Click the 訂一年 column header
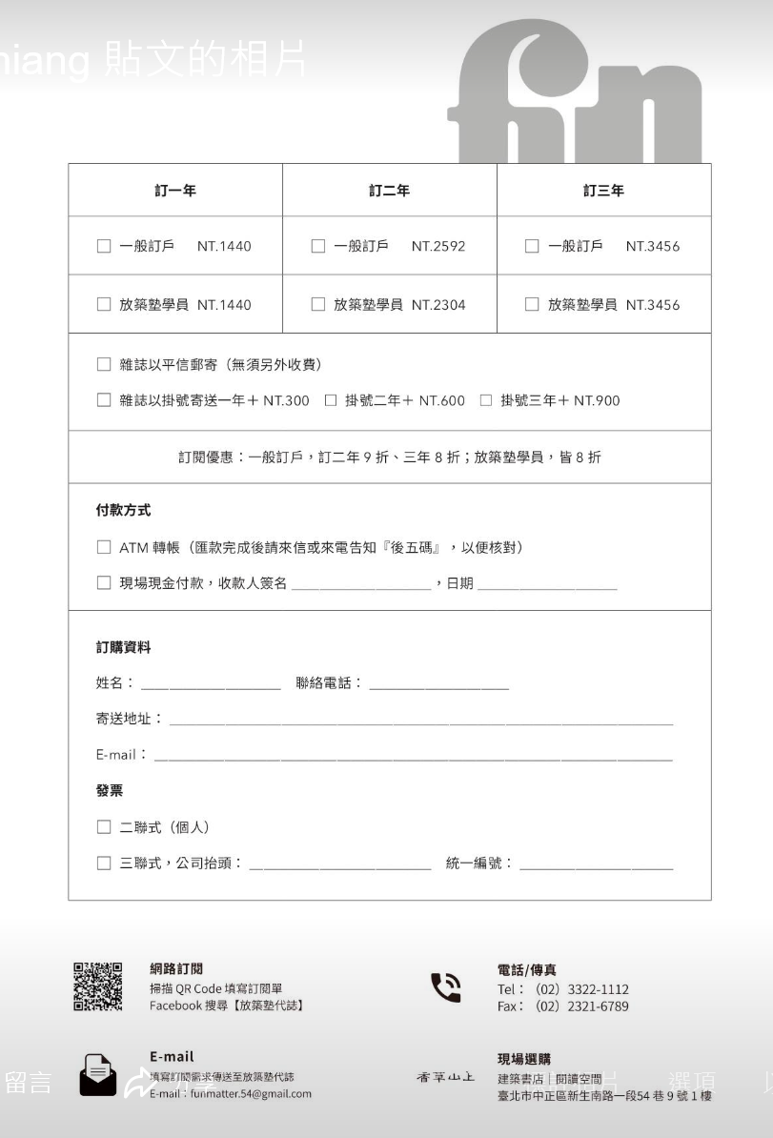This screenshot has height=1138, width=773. (x=174, y=191)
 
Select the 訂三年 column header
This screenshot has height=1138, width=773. (x=603, y=191)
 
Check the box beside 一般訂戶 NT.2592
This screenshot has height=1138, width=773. (x=318, y=247)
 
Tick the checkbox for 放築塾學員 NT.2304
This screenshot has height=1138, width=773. (x=318, y=305)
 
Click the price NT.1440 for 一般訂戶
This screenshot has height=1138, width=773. (x=224, y=247)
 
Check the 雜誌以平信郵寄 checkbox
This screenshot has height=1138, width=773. (x=104, y=365)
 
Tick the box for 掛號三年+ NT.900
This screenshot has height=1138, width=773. (x=486, y=400)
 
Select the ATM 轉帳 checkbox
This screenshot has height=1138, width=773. (x=104, y=547)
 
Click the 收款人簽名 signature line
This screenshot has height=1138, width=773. (x=361, y=585)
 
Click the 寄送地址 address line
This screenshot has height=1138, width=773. (x=420, y=721)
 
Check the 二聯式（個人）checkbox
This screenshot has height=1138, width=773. (x=104, y=826)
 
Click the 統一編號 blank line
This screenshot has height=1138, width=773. (x=596, y=865)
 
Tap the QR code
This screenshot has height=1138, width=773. (x=98, y=987)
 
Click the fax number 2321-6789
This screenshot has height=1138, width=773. (x=598, y=1006)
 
